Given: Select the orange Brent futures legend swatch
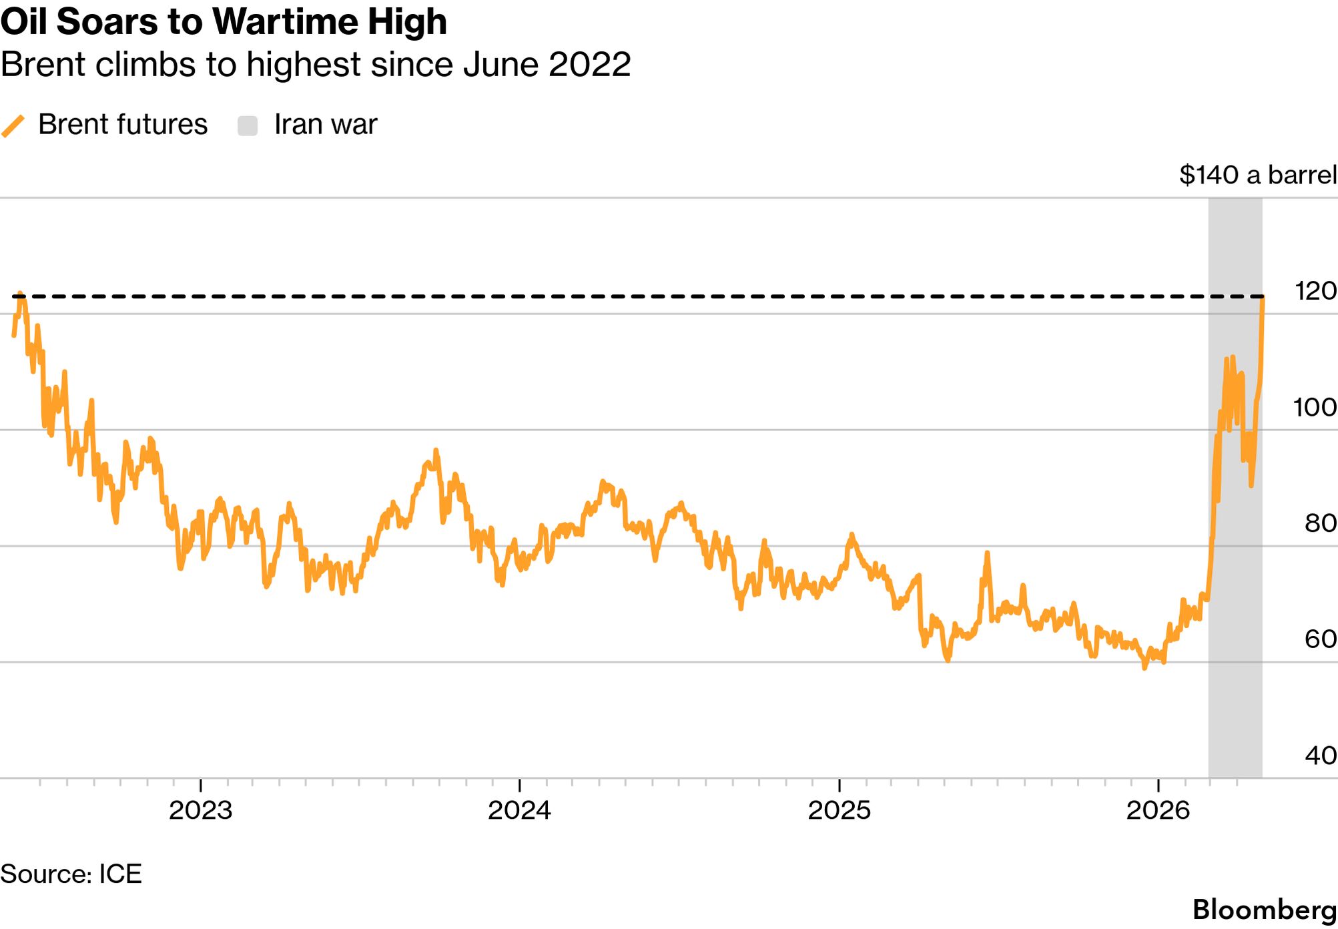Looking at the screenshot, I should pos(13,125).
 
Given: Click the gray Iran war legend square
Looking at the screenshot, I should pos(248,125).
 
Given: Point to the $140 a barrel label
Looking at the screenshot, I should pos(1257,175).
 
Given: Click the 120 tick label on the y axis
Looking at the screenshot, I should pos(1315,291).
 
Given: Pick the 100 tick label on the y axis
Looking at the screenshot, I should pos(1315,407).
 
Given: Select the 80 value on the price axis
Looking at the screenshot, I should pos(1320,523).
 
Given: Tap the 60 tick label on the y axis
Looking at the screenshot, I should pos(1320,639).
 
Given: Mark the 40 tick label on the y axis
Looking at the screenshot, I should pos(1320,755).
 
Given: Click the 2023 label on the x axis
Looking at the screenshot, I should pos(200,810).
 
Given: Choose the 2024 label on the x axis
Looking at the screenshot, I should pos(519,810).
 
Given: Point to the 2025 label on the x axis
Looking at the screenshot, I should pos(839,810).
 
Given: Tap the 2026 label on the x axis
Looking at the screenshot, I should pos(1158,810).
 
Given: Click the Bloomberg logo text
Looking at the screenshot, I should pos(1264,910).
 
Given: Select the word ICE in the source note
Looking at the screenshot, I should pos(120,874).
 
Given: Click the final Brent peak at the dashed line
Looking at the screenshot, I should pos(1263,298).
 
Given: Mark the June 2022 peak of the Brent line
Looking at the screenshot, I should pos(20,294).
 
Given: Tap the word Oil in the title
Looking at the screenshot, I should pos(24,21).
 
